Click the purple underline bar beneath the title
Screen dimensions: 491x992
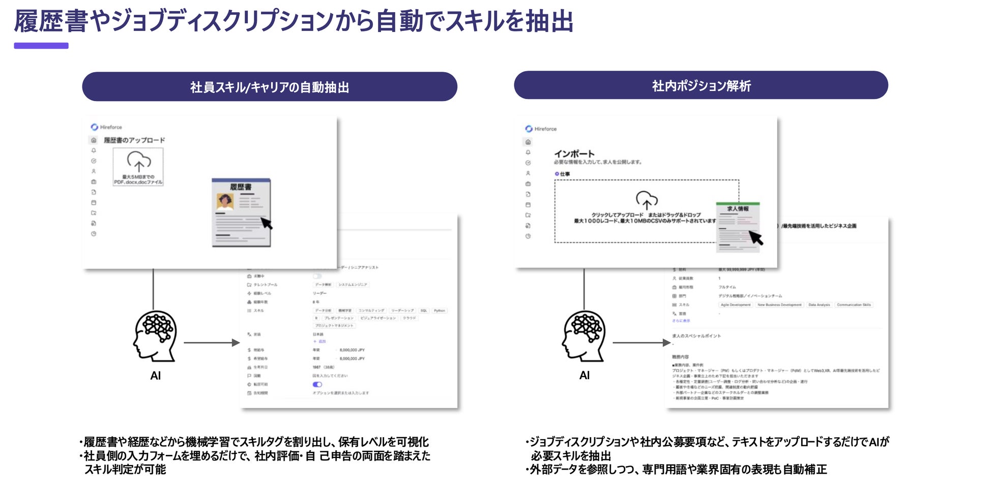click(41, 46)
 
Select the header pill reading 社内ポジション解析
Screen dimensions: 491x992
click(701, 85)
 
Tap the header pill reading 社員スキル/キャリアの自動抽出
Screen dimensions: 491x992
click(269, 87)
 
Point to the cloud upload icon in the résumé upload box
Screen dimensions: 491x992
click(138, 161)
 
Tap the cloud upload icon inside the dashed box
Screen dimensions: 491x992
click(646, 200)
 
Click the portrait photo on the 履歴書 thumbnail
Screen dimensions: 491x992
click(224, 201)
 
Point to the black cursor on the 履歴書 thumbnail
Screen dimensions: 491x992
click(267, 223)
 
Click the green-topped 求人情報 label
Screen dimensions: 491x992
click(738, 208)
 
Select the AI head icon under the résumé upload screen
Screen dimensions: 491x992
click(155, 336)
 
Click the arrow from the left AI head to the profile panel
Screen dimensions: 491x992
click(211, 343)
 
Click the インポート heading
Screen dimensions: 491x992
click(574, 154)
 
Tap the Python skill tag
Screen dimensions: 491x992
click(440, 311)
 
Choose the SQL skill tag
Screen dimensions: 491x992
click(424, 311)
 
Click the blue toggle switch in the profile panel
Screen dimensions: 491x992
click(317, 384)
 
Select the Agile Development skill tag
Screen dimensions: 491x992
click(736, 305)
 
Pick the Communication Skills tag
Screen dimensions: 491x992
click(854, 305)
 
